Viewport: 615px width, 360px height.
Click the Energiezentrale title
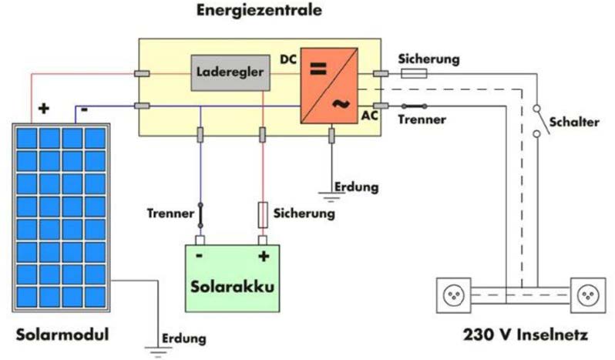pos(259,11)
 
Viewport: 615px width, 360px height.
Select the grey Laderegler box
pos(231,73)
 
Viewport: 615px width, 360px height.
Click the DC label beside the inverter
pos(287,59)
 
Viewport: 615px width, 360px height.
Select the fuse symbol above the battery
pos(263,214)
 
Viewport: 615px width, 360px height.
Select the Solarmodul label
pos(62,335)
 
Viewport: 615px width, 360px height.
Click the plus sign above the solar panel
pos(43,109)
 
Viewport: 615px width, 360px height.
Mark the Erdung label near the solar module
pos(183,338)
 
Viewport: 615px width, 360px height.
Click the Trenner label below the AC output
pos(422,120)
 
